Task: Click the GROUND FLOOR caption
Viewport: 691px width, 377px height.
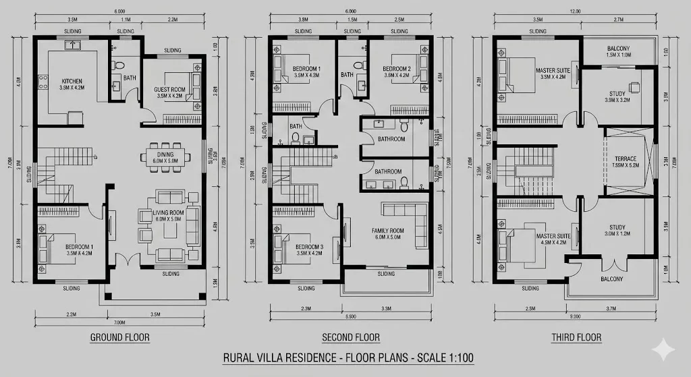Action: coord(119,337)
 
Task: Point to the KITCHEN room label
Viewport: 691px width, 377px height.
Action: coord(72,81)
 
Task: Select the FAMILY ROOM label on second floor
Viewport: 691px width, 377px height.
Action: coord(387,231)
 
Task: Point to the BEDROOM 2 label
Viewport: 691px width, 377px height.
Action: coord(396,69)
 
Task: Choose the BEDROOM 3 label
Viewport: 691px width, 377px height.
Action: coord(309,248)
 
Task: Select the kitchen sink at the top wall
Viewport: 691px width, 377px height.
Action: coord(73,45)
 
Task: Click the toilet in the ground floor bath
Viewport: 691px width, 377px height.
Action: coord(119,66)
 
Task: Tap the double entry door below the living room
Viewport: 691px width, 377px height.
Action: coord(123,261)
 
